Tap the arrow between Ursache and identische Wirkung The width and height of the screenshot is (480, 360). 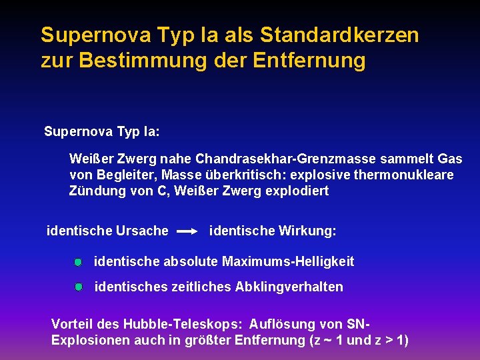coord(188,231)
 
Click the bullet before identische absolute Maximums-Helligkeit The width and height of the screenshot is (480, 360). coord(78,262)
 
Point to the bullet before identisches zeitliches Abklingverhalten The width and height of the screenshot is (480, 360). coord(78,287)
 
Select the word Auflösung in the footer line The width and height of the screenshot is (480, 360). coord(283,324)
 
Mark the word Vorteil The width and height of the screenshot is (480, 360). coord(72,324)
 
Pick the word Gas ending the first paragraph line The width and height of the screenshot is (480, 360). coord(450,159)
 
